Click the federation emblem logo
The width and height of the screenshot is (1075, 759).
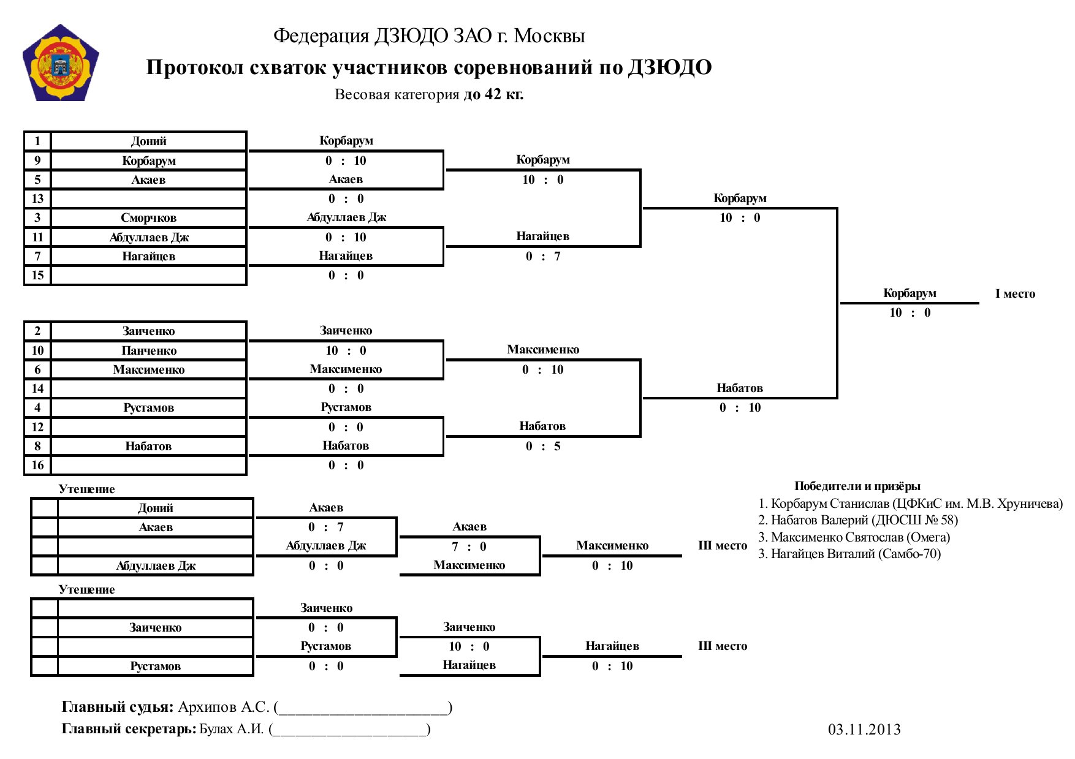pyautogui.click(x=60, y=62)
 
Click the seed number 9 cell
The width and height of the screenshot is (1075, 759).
pyautogui.click(x=37, y=160)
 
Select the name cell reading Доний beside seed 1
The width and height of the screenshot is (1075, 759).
pyautogui.click(x=148, y=141)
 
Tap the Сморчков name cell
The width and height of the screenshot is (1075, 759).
pyautogui.click(x=148, y=217)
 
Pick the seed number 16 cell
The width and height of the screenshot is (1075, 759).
pyautogui.click(x=37, y=465)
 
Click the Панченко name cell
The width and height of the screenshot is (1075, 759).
pyautogui.click(x=148, y=350)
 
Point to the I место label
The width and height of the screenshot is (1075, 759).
pyautogui.click(x=1015, y=293)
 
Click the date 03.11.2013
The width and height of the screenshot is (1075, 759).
pyautogui.click(x=864, y=729)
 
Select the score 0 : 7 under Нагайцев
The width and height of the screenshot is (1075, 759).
pyautogui.click(x=543, y=256)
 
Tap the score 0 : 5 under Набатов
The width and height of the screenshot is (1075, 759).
pyautogui.click(x=543, y=446)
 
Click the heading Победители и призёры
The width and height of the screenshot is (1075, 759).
pyautogui.click(x=857, y=486)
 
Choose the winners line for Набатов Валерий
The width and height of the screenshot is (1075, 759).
pyautogui.click(x=857, y=520)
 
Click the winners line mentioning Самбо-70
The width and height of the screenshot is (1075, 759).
pyautogui.click(x=849, y=554)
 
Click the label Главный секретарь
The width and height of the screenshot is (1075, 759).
pyautogui.click(x=129, y=729)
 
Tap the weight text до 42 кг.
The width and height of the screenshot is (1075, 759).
pyautogui.click(x=493, y=94)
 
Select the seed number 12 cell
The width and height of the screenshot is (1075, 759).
pyautogui.click(x=37, y=427)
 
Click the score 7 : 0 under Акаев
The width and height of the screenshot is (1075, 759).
pyautogui.click(x=469, y=546)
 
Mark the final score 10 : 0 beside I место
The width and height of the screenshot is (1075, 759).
pyautogui.click(x=910, y=312)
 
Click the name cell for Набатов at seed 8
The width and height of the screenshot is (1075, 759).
pyautogui.click(x=148, y=446)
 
